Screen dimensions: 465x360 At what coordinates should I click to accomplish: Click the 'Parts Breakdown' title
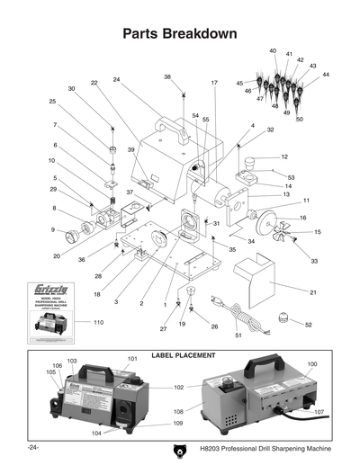point(180,34)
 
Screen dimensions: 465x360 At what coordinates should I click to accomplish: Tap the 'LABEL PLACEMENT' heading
point(180,355)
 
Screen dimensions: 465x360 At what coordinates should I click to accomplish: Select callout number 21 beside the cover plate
point(312,293)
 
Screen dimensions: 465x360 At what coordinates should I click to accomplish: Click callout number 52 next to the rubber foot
point(308,325)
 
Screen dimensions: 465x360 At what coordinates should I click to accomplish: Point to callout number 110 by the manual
point(86,321)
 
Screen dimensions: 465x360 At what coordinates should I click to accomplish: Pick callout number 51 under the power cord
point(238,335)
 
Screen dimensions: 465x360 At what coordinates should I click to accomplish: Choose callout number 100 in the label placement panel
point(313,364)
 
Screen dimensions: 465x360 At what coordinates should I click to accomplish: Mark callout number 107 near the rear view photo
point(319,413)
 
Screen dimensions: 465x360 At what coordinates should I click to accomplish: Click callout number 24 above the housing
point(117,80)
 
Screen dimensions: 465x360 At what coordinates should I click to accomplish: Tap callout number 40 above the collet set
point(273,51)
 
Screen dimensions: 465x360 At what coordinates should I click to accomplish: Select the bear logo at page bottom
point(175,449)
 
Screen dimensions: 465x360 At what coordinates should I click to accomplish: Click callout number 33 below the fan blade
point(314,261)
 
